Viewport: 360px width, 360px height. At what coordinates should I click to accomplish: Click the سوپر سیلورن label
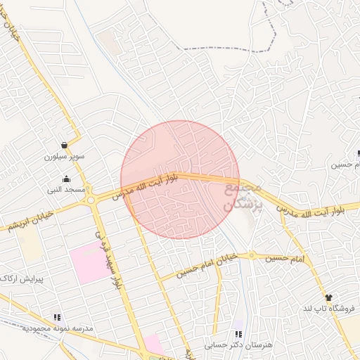pos(65,156)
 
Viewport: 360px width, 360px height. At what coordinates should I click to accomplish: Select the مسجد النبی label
pos(66,190)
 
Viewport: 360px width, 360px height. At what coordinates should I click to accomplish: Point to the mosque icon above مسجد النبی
pos(66,179)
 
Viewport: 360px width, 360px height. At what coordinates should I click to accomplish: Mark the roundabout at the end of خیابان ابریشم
pos(91,200)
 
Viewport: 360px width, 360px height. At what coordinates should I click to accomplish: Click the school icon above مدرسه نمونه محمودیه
pos(57,318)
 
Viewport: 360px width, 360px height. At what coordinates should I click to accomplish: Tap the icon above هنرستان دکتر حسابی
pos(238,334)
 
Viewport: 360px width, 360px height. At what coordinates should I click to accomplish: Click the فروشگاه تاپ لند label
pos(330,309)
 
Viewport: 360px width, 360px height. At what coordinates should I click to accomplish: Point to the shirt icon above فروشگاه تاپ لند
pos(328,298)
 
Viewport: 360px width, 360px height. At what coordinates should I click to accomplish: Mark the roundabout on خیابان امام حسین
pos(252,256)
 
